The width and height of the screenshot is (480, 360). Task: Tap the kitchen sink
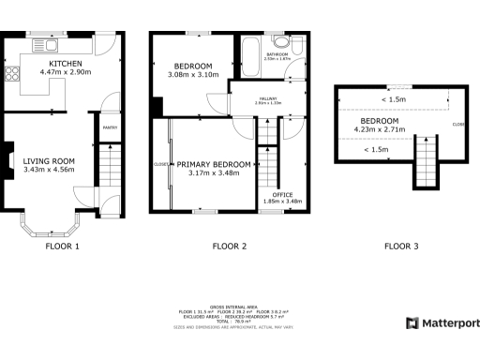44,46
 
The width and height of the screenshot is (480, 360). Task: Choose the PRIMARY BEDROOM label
214,164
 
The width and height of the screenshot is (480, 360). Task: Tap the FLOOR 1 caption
62,247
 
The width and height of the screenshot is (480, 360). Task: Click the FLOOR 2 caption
229,247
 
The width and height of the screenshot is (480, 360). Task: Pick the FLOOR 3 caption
401,247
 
